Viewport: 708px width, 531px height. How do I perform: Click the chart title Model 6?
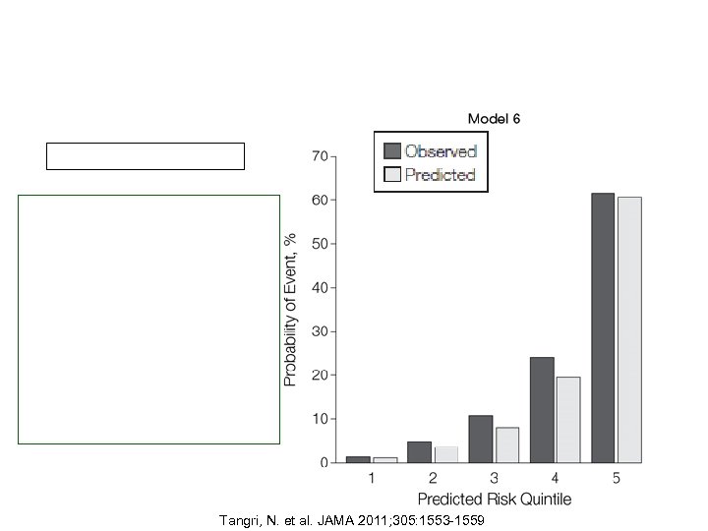pyautogui.click(x=494, y=118)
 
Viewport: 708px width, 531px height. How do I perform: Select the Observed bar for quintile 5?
pyautogui.click(x=603, y=327)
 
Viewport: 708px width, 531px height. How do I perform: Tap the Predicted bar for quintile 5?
pyautogui.click(x=629, y=329)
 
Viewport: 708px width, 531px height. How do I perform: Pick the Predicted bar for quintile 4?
pyautogui.click(x=567, y=419)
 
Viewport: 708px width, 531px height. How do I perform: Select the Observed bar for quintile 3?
pyautogui.click(x=481, y=439)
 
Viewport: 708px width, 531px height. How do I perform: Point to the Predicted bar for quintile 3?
pyautogui.click(x=506, y=444)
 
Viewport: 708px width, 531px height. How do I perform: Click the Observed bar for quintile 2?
pyautogui.click(x=420, y=451)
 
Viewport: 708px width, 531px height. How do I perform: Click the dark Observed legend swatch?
pyautogui.click(x=392, y=150)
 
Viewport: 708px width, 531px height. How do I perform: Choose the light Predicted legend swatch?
pyautogui.click(x=392, y=174)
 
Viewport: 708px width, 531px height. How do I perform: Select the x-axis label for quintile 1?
pyautogui.click(x=371, y=478)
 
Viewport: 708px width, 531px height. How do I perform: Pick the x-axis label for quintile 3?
pyautogui.click(x=494, y=478)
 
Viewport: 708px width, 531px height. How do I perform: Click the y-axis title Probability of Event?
pyautogui.click(x=291, y=309)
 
